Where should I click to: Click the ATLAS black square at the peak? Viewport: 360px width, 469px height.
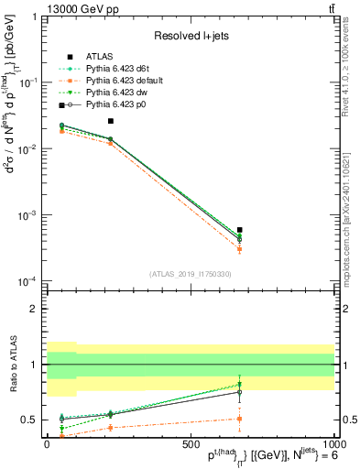(x=111, y=121)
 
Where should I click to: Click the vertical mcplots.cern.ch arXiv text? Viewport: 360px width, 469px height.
(x=351, y=211)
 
